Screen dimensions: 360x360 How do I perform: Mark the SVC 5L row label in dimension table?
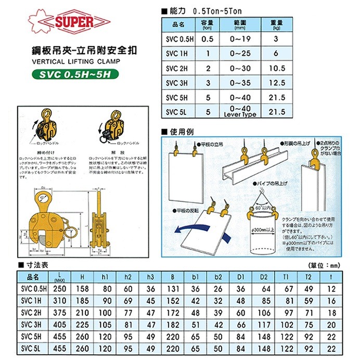33,348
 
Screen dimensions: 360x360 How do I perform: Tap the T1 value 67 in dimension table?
290,289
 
